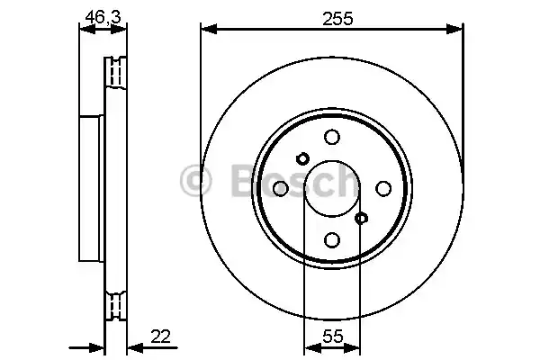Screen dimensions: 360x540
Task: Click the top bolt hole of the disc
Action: [331, 136]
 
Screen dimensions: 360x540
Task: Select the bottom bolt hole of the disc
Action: [331, 239]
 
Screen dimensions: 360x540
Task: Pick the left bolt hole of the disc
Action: [280, 188]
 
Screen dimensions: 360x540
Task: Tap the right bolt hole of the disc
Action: [383, 188]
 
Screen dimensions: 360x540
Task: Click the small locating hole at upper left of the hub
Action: [302, 158]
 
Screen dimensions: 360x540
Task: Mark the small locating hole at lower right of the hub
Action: [361, 218]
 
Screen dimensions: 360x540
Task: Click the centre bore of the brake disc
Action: [331, 188]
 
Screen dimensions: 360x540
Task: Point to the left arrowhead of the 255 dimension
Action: [206, 30]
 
